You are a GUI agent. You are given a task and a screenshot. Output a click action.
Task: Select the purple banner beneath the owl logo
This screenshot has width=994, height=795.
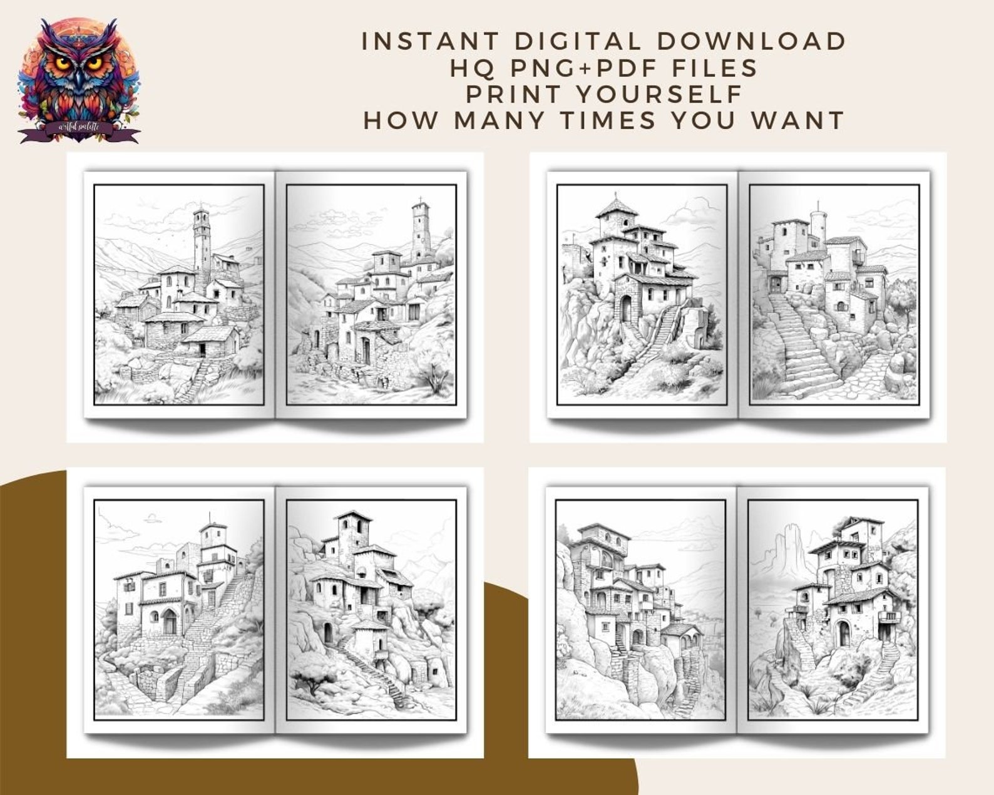[x=78, y=129]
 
